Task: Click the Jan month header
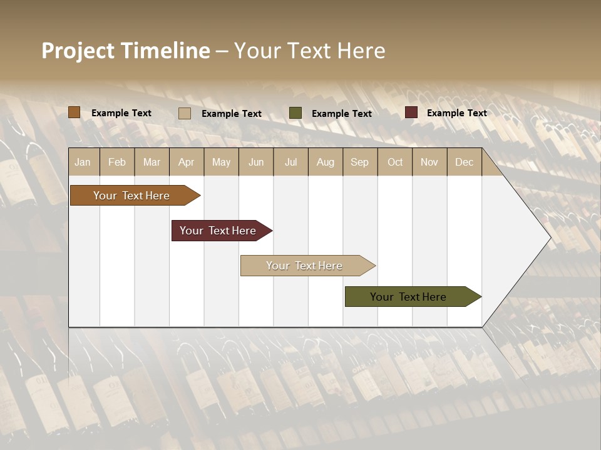point(83,162)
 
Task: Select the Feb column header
point(117,162)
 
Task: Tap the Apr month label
point(187,162)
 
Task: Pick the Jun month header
point(256,162)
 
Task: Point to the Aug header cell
point(326,162)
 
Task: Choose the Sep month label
point(360,162)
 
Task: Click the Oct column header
point(395,162)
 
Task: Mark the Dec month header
point(465,162)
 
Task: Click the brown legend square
point(74,112)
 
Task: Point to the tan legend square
point(185,113)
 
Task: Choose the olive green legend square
point(295,113)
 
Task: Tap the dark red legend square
point(411,112)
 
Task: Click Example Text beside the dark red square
point(457,113)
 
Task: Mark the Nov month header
point(429,162)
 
